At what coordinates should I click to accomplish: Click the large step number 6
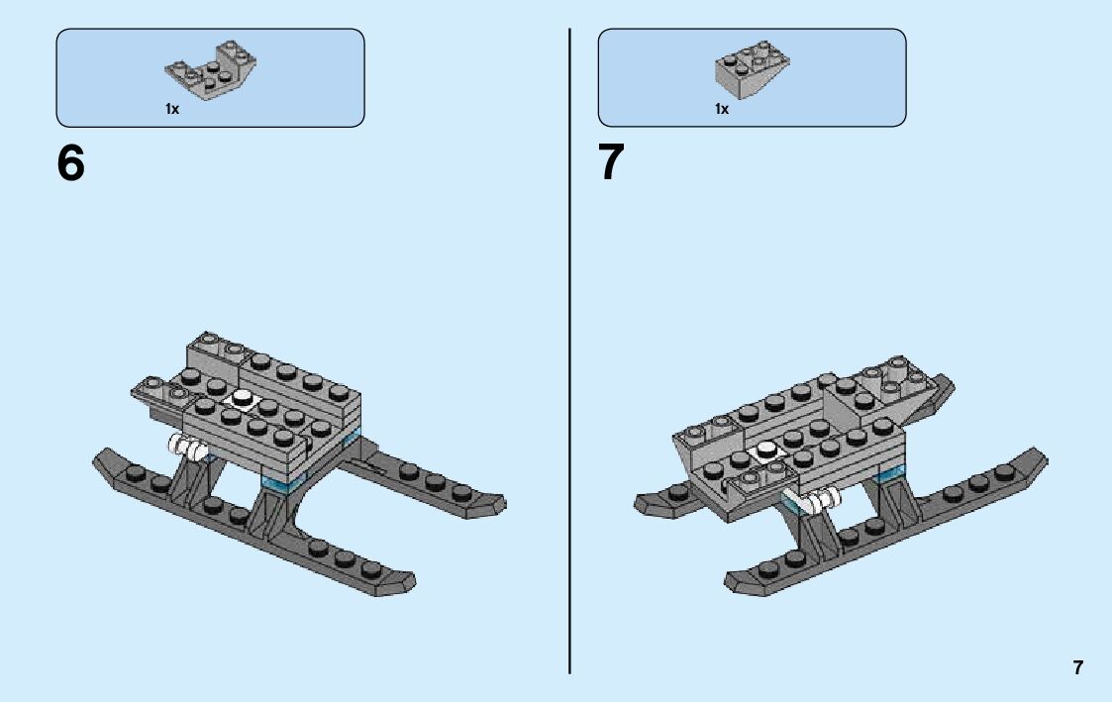(71, 163)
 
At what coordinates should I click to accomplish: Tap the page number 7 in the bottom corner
(1078, 667)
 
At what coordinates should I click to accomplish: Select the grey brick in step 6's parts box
(211, 71)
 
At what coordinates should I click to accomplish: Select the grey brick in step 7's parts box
(752, 71)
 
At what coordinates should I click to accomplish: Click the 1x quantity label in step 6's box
(172, 110)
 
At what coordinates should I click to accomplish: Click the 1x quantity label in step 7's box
(722, 110)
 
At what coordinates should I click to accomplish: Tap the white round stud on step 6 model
(242, 398)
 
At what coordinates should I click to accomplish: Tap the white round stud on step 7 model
(765, 451)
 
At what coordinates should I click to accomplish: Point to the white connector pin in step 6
(189, 448)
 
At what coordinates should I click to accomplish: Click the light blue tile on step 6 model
(279, 483)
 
